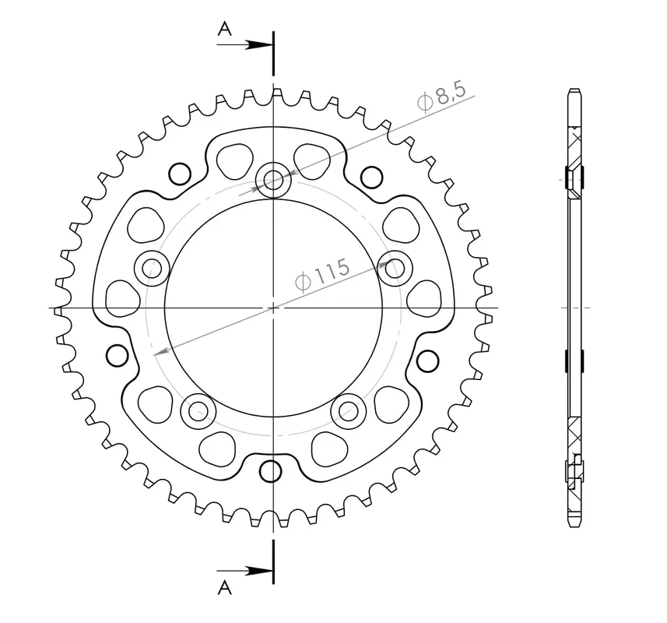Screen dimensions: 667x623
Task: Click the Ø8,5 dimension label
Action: pyautogui.click(x=441, y=97)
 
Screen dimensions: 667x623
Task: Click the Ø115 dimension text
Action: pyautogui.click(x=322, y=275)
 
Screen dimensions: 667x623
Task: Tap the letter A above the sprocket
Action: pyautogui.click(x=225, y=29)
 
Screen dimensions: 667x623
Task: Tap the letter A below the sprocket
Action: pyautogui.click(x=225, y=587)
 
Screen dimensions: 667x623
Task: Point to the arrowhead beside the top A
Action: pyautogui.click(x=259, y=44)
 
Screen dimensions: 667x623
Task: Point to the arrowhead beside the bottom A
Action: pyautogui.click(x=259, y=571)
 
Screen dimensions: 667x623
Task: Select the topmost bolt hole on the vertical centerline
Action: pyautogui.click(x=273, y=180)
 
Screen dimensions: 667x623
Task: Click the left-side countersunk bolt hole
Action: pyautogui.click(x=152, y=269)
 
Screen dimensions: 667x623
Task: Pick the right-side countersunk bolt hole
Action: pyautogui.click(x=395, y=269)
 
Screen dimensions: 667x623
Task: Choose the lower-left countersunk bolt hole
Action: pyautogui.click(x=198, y=411)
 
